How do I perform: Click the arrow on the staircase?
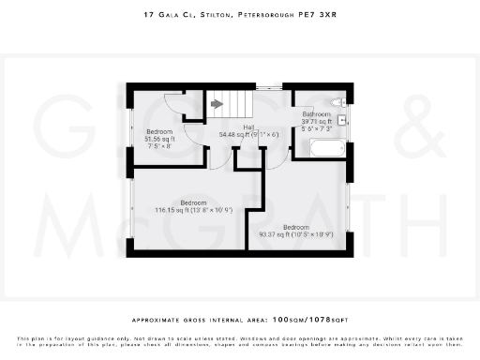[x=217, y=104]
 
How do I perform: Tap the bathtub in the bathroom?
[x=327, y=148]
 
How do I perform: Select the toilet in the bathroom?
[x=338, y=101]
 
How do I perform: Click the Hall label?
[x=249, y=127]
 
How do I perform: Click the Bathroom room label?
[x=316, y=113]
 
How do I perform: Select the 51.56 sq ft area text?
[x=159, y=139]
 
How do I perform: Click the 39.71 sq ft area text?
[x=317, y=121]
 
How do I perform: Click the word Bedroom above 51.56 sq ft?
[x=159, y=131]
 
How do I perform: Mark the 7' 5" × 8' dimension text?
[x=159, y=146]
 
